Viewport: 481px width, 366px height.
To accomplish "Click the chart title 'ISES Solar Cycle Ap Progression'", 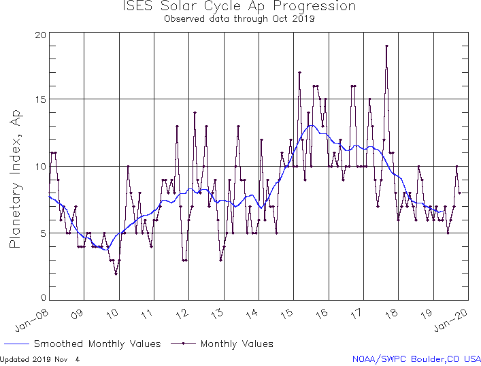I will point(239,7).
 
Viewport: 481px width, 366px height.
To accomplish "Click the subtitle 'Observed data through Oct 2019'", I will point(239,18).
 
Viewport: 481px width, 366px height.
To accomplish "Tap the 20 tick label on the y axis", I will point(40,35).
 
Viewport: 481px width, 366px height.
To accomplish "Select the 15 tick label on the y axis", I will point(40,99).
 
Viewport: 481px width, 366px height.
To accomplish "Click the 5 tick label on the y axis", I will point(43,233).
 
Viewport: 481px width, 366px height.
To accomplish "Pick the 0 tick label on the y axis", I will point(43,298).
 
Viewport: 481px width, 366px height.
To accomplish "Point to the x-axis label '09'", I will point(78,313).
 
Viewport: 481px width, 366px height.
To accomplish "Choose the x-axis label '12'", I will point(183,313).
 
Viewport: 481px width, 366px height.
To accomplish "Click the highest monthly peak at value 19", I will point(386,46).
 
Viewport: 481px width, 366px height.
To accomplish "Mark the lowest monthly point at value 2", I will point(116,273).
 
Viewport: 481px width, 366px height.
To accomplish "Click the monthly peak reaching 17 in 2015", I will point(299,73).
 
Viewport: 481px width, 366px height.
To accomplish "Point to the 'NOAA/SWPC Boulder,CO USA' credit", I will point(416,359).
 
